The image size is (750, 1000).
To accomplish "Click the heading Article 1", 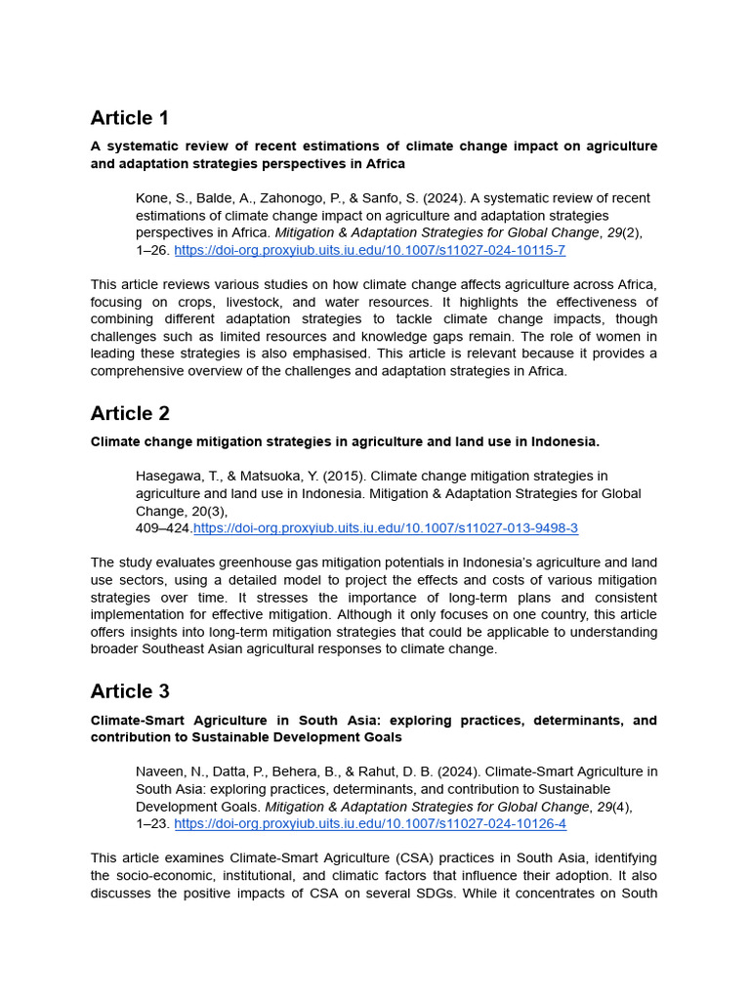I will (x=129, y=118).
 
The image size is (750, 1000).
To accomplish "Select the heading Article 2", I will (x=130, y=413).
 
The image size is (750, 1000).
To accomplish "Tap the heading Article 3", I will (x=130, y=691).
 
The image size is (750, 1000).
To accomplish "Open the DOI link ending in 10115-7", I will (x=369, y=250).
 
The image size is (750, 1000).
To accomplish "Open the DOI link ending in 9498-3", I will (x=386, y=528).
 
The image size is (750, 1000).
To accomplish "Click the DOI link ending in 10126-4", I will (x=369, y=823).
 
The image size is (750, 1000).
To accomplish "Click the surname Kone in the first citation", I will (x=151, y=198).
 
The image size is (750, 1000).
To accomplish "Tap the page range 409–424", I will (x=163, y=528).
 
